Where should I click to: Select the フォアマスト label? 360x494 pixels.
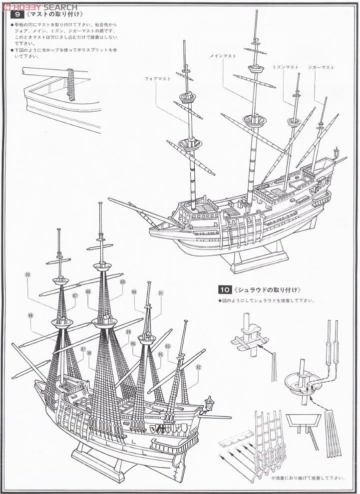click(x=157, y=79)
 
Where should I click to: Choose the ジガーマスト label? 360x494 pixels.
click(x=321, y=67)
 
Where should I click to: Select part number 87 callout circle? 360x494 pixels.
click(x=75, y=295)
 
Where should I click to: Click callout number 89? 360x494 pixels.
click(x=123, y=282)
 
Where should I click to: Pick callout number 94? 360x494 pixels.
click(x=134, y=292)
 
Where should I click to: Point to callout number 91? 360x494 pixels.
click(x=161, y=293)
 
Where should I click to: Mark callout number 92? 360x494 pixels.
click(x=198, y=367)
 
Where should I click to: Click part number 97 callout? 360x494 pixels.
click(x=83, y=349)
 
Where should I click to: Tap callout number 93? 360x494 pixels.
click(x=168, y=346)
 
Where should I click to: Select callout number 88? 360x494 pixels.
click(x=88, y=292)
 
